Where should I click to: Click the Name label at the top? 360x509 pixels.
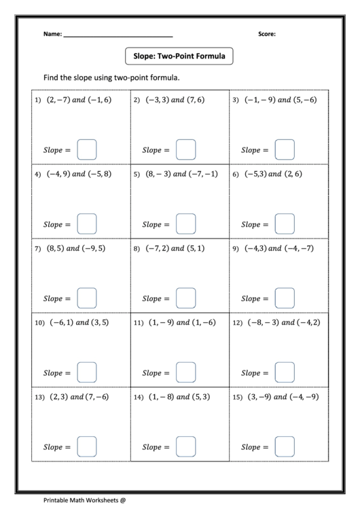(52, 33)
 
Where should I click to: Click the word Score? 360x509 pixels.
(267, 33)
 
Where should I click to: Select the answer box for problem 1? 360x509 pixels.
(87, 149)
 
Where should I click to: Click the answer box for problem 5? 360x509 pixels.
(185, 224)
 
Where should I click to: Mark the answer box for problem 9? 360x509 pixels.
(285, 298)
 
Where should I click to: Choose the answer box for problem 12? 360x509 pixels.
(285, 372)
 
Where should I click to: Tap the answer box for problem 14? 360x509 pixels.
(185, 446)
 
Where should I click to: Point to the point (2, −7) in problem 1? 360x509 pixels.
(57, 100)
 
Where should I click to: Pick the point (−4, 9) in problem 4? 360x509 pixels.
(57, 174)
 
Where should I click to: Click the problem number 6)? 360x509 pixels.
(236, 175)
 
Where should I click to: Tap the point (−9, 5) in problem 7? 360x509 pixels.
(94, 248)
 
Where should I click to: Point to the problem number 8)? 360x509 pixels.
(137, 249)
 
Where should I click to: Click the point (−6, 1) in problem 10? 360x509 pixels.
(60, 322)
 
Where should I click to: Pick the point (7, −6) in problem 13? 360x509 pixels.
(94, 396)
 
